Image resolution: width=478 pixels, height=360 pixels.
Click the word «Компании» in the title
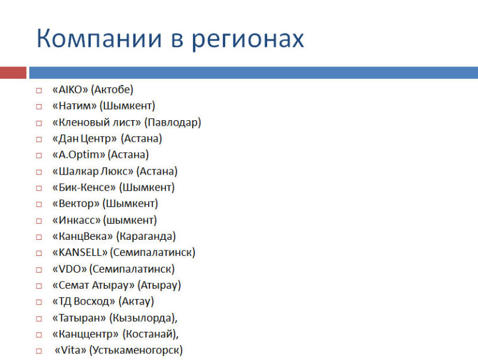tap(99, 38)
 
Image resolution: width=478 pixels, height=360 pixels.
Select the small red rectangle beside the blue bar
tap(13, 73)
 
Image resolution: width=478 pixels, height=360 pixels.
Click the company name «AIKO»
tap(70, 89)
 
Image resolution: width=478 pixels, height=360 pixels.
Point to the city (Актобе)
tap(112, 89)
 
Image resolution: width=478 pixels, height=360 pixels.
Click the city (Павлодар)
tap(173, 122)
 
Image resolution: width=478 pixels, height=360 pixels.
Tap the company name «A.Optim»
tap(79, 155)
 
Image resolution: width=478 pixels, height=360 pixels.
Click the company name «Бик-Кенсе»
tap(84, 187)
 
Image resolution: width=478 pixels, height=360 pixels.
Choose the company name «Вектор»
tap(76, 203)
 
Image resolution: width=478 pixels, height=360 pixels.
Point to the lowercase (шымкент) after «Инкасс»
tap(130, 220)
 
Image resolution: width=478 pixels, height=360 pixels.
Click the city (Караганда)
tap(146, 236)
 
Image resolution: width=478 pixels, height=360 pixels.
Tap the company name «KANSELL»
tap(80, 252)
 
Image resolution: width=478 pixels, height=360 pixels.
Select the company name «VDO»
tap(70, 269)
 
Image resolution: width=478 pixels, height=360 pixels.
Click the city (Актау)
tap(136, 301)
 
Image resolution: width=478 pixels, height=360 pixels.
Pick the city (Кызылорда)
tap(142, 318)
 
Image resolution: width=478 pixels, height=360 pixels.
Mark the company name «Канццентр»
tap(85, 334)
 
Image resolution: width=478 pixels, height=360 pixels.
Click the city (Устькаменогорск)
tap(136, 350)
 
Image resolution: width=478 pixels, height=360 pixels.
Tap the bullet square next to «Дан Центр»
tap(39, 139)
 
